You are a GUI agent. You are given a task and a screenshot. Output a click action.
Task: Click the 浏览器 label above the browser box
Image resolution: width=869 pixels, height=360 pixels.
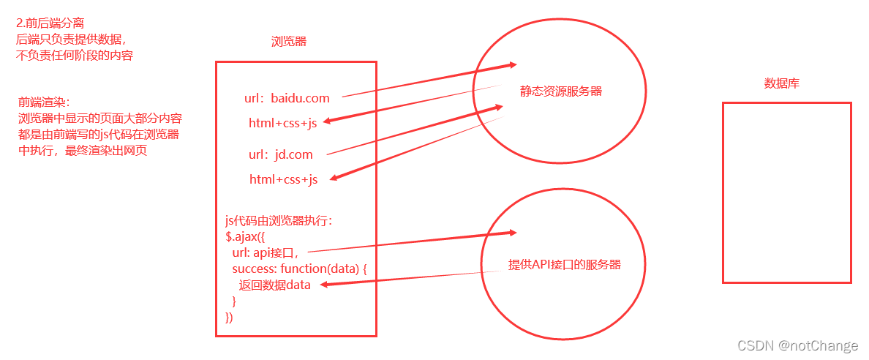click(288, 42)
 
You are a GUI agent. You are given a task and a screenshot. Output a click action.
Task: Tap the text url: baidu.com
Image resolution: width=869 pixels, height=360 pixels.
click(287, 98)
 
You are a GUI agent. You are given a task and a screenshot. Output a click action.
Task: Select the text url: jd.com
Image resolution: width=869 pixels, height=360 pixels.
click(280, 154)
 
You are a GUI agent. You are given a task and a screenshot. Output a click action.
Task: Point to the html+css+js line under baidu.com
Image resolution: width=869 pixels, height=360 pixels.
click(282, 124)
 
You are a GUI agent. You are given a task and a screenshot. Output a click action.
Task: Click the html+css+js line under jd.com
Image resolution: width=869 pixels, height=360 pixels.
click(283, 179)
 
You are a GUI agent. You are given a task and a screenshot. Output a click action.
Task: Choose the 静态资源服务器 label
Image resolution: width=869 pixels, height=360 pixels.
click(561, 91)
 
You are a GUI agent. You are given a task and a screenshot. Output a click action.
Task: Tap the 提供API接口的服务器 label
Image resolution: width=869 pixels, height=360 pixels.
click(565, 265)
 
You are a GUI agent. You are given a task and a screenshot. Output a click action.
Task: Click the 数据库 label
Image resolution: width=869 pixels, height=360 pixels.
click(781, 83)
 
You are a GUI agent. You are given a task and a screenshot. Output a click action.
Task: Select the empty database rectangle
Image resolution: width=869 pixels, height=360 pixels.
click(786, 192)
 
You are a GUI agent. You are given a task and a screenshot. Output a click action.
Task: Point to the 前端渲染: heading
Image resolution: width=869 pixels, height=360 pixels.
click(43, 102)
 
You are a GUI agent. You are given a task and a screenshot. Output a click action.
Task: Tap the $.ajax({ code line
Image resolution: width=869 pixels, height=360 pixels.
click(249, 237)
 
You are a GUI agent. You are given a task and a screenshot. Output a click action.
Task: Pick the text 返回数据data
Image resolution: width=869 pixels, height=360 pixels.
click(274, 285)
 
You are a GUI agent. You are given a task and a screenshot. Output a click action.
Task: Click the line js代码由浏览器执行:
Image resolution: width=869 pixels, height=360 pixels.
click(279, 221)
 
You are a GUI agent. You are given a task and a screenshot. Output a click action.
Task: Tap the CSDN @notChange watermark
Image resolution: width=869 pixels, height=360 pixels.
click(797, 345)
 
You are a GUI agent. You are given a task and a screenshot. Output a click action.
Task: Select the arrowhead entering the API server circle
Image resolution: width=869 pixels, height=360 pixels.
click(511, 233)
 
